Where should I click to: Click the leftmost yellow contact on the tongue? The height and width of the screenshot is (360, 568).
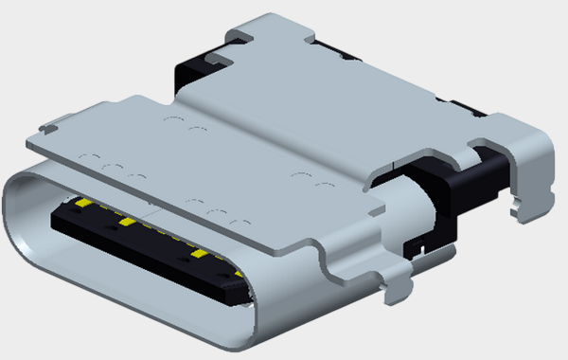pos(83,204)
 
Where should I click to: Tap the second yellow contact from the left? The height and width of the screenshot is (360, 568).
pos(123,223)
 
